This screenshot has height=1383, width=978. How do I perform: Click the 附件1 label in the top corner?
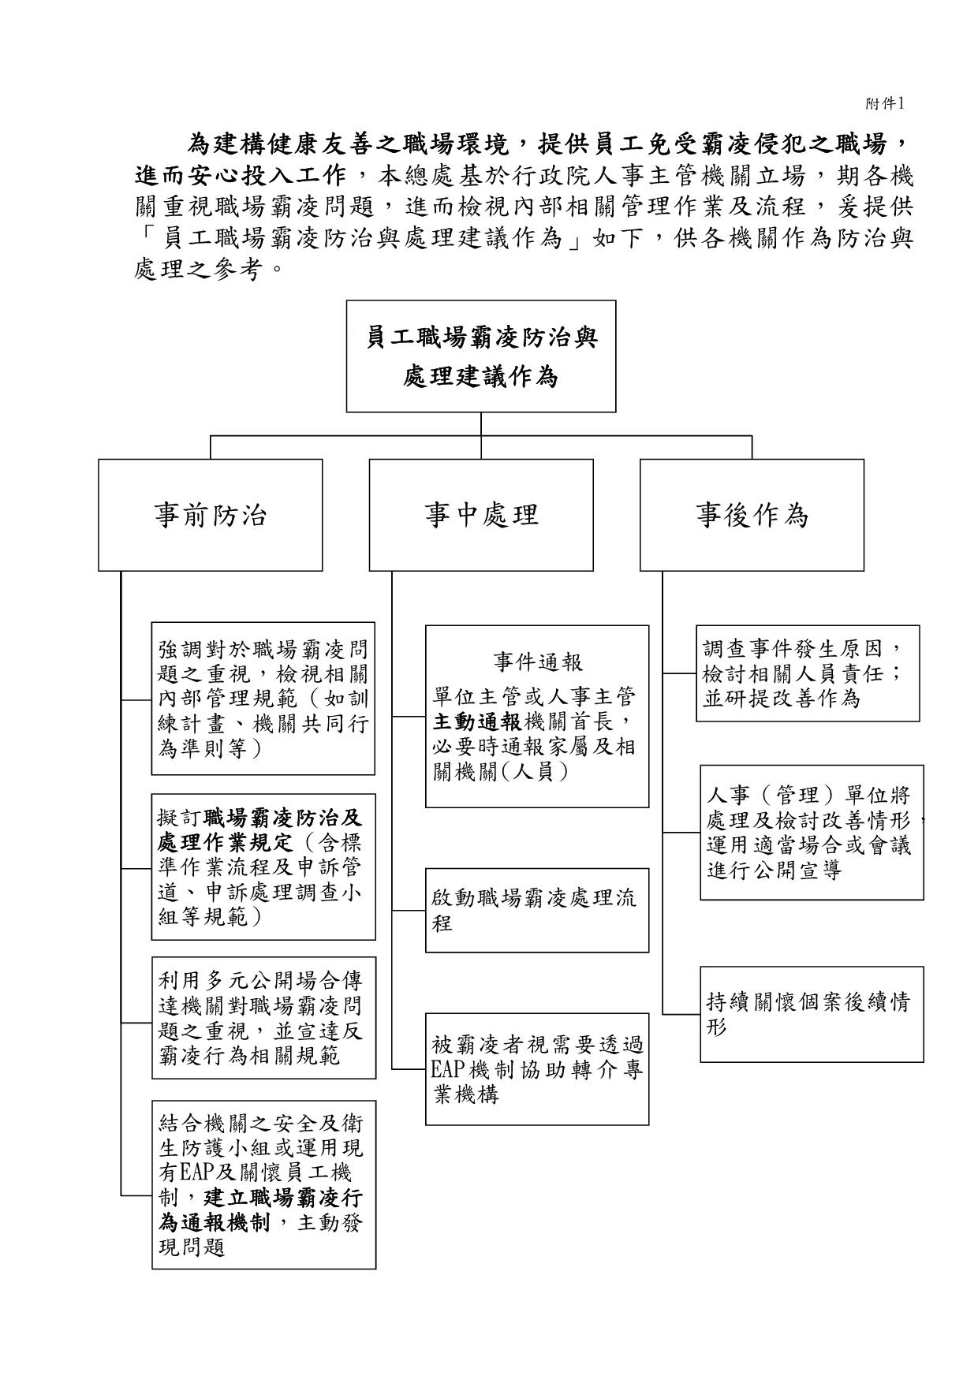[x=884, y=103]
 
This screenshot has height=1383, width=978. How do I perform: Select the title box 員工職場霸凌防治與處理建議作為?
[x=481, y=356]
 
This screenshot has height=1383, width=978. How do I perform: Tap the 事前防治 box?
[x=211, y=515]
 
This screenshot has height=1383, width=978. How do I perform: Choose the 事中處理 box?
[x=481, y=515]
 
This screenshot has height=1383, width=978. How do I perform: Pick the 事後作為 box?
[x=752, y=515]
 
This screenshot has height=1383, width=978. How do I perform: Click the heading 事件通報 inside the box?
[x=538, y=662]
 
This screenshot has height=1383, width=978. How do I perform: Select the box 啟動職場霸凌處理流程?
[x=537, y=910]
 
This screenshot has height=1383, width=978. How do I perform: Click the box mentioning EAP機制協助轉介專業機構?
[x=537, y=1068]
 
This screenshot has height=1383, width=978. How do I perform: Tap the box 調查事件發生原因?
[x=808, y=673]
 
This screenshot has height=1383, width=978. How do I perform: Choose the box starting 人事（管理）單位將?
[x=812, y=832]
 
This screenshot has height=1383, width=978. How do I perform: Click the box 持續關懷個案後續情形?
[x=812, y=1014]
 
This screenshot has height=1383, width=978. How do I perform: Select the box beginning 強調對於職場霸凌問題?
[x=263, y=699]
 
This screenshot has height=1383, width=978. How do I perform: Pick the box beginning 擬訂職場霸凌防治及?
[x=263, y=867]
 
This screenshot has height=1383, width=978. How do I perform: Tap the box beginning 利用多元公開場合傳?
[x=263, y=1018]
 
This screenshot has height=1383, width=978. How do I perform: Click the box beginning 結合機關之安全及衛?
[x=263, y=1184]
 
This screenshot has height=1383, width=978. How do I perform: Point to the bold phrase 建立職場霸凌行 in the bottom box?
[x=284, y=1198]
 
